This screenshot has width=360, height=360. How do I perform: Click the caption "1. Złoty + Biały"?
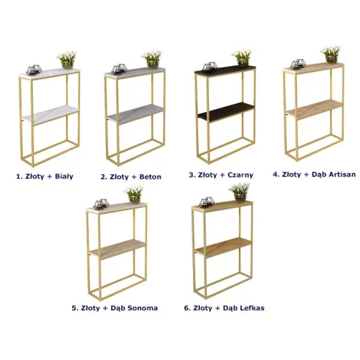click(x=45, y=177)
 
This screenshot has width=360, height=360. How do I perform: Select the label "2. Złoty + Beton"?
click(x=131, y=177)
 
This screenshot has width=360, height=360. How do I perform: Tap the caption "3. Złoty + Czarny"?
click(x=221, y=175)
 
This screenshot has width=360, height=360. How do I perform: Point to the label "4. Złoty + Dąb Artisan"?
click(x=314, y=174)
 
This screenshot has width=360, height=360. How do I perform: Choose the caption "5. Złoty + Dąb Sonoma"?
click(x=115, y=308)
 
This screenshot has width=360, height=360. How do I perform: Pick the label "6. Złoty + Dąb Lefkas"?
click(x=224, y=308)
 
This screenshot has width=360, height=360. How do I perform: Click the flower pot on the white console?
click(x=68, y=65)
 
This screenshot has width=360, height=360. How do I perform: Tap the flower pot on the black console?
click(x=243, y=62)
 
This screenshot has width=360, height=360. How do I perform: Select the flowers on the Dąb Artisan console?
click(x=331, y=51)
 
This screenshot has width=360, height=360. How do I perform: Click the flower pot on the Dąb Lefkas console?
click(x=240, y=197)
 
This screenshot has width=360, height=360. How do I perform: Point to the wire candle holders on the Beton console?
click(x=119, y=69)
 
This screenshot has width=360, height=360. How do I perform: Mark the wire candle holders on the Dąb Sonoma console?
click(x=101, y=204)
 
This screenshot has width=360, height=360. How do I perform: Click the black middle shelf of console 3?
click(x=226, y=112)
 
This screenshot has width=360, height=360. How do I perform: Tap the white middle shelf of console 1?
click(x=50, y=115)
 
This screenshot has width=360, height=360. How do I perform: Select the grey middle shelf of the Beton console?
click(x=136, y=114)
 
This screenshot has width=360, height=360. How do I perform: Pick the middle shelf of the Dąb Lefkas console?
click(x=223, y=247)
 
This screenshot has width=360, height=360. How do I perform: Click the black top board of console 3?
click(x=225, y=70)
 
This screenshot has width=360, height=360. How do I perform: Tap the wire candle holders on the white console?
click(x=33, y=70)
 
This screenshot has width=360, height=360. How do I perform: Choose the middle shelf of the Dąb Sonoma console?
click(x=117, y=249)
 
